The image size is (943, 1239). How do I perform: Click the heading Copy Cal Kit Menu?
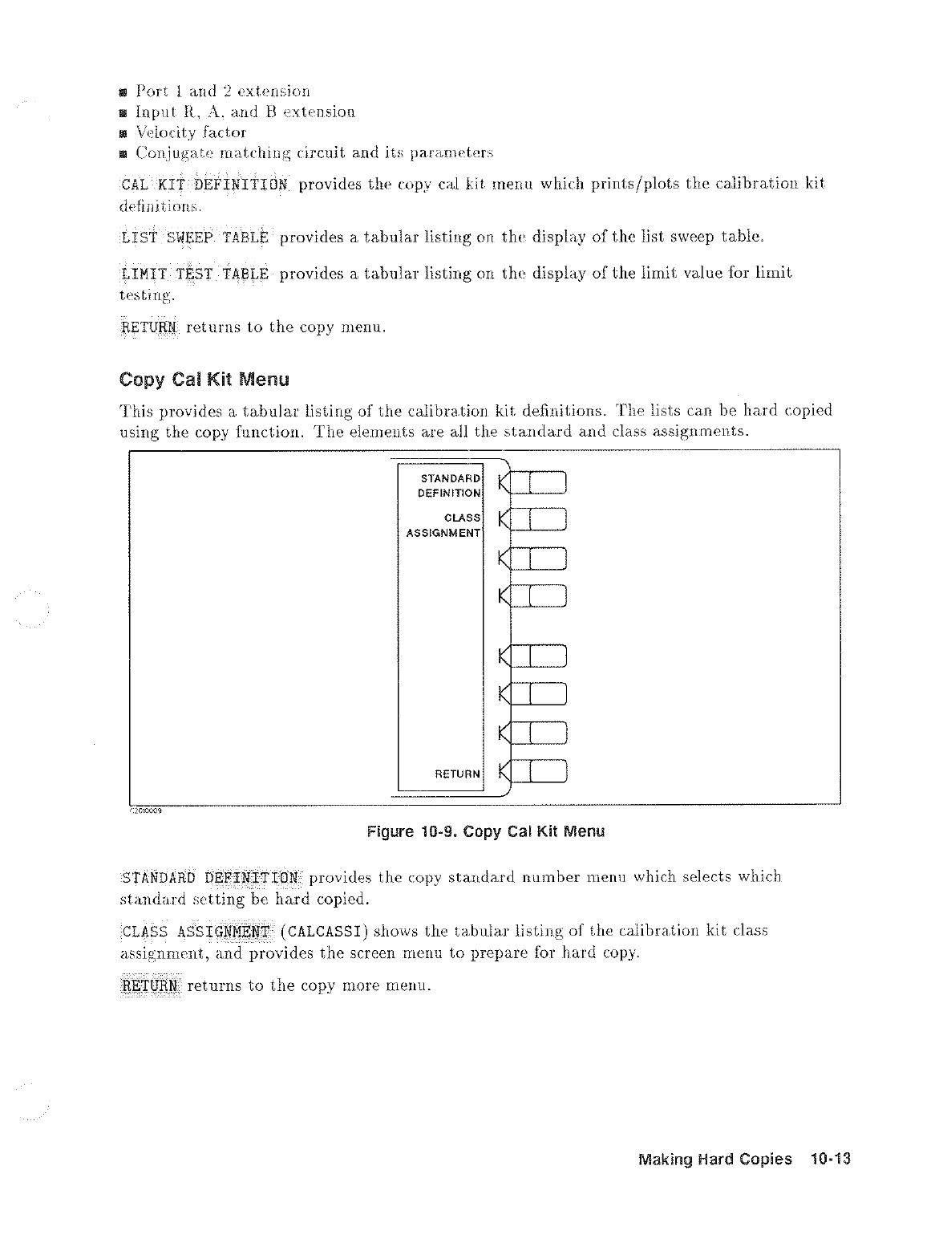tap(204, 379)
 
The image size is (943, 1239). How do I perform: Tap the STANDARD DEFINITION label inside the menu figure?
tap(449, 485)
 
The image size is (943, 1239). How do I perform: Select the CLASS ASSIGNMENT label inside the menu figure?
tap(443, 525)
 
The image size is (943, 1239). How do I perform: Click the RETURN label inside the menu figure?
tap(457, 774)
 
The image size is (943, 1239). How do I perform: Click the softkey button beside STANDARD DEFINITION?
tap(540, 483)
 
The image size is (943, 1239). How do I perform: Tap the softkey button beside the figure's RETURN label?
tap(540, 771)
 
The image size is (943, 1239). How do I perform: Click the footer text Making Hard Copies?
tap(714, 1160)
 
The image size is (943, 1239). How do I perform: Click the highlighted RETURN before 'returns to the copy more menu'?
tap(151, 985)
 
